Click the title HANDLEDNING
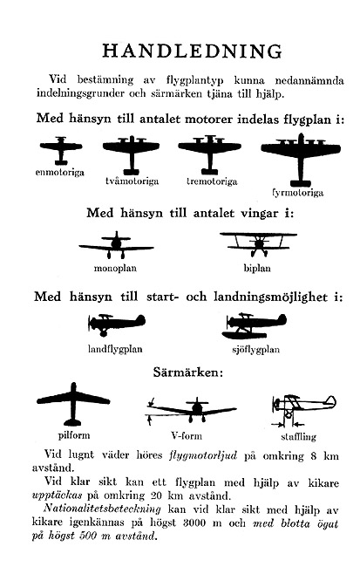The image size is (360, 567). click(192, 51)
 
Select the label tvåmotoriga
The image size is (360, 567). click(132, 181)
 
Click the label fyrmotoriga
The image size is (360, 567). click(297, 193)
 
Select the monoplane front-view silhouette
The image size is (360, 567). click(116, 245)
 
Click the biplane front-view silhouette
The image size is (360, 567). click(258, 243)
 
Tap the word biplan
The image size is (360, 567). click(257, 269)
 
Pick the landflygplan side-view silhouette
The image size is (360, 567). click(117, 324)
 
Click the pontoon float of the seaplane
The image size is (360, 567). click(244, 335)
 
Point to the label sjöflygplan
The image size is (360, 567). click(256, 349)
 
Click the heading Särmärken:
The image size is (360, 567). click(188, 372)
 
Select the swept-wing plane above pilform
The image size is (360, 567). click(73, 402)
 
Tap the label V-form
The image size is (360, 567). click(187, 436)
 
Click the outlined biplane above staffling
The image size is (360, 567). click(303, 407)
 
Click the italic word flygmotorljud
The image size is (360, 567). click(203, 454)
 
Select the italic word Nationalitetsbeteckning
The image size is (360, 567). click(102, 509)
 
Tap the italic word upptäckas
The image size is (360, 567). click(58, 495)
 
